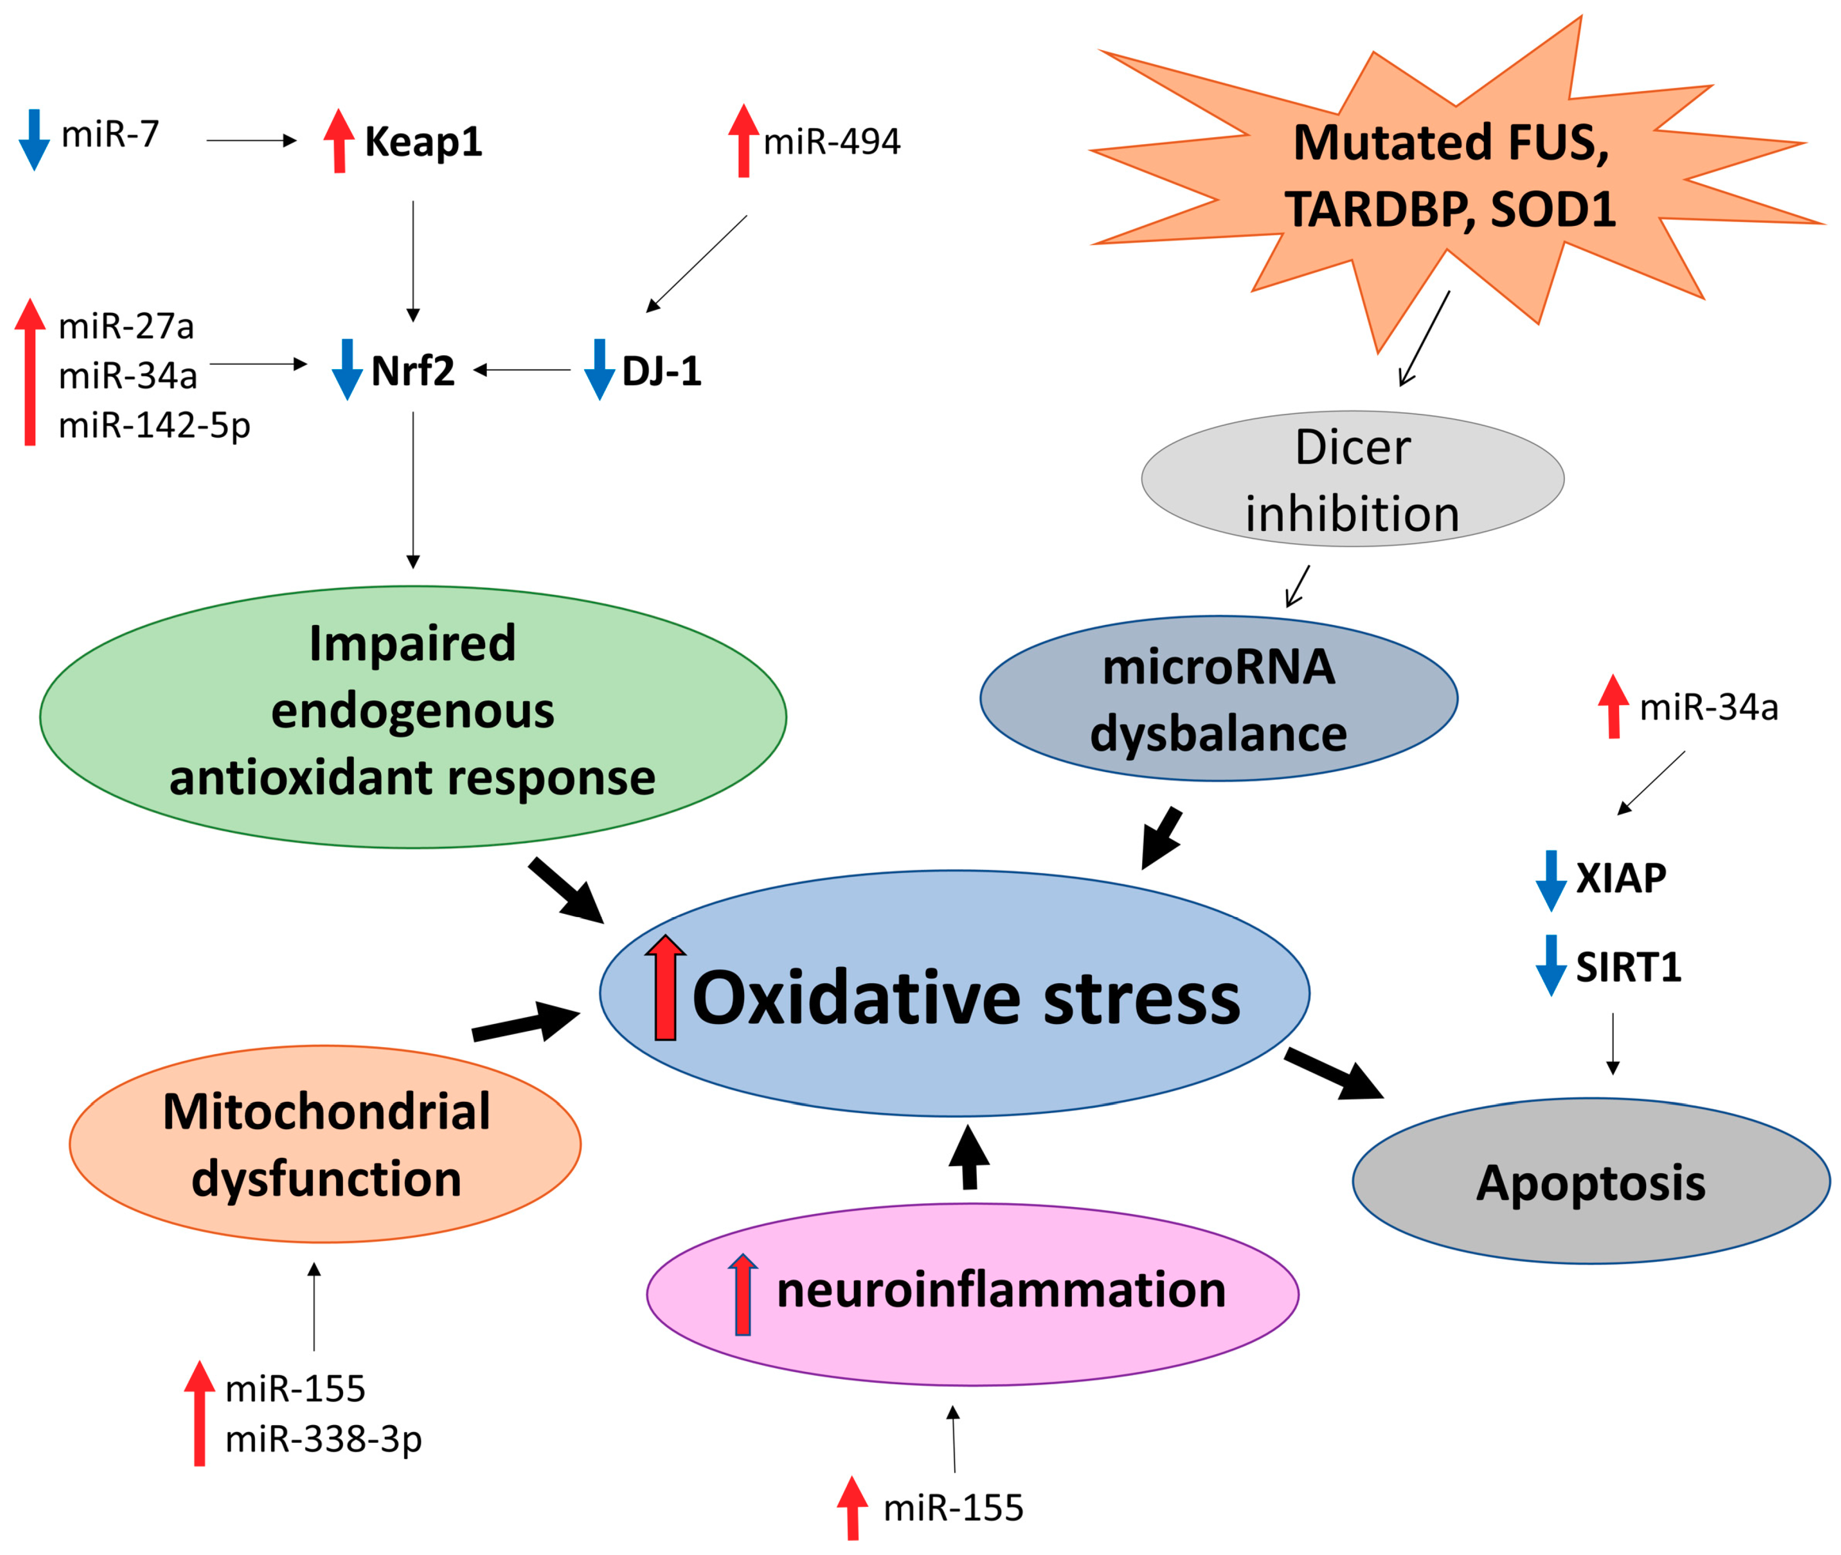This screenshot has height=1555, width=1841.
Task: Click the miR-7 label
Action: (110, 135)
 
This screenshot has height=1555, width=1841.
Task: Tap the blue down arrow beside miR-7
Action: (33, 139)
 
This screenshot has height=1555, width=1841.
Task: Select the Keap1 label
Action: (423, 141)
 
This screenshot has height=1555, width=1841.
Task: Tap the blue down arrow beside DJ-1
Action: (599, 370)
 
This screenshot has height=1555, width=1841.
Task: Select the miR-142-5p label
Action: (155, 425)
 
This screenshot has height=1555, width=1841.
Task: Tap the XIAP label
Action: (1621, 878)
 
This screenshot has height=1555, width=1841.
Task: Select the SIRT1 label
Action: (1627, 967)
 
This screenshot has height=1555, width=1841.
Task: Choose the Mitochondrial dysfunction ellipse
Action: (325, 1144)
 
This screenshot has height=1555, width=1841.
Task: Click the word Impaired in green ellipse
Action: (412, 644)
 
